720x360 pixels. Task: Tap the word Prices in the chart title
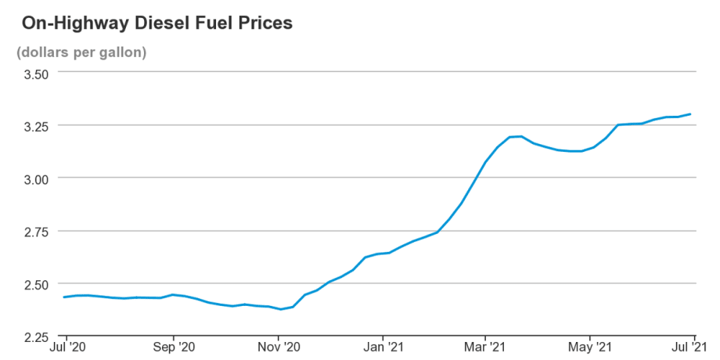262,23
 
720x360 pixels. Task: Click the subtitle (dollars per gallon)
81,52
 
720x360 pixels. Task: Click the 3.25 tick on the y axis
35,125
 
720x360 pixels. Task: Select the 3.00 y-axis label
35,178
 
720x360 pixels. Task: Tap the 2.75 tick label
35,231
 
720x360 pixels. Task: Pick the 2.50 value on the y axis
35,284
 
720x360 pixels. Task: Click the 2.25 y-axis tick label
35,337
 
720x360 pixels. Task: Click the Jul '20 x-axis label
69,346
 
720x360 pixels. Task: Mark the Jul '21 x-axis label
690,346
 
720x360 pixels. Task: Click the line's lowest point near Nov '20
281,309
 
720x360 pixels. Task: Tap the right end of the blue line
690,114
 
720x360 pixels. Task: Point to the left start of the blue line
64,297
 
